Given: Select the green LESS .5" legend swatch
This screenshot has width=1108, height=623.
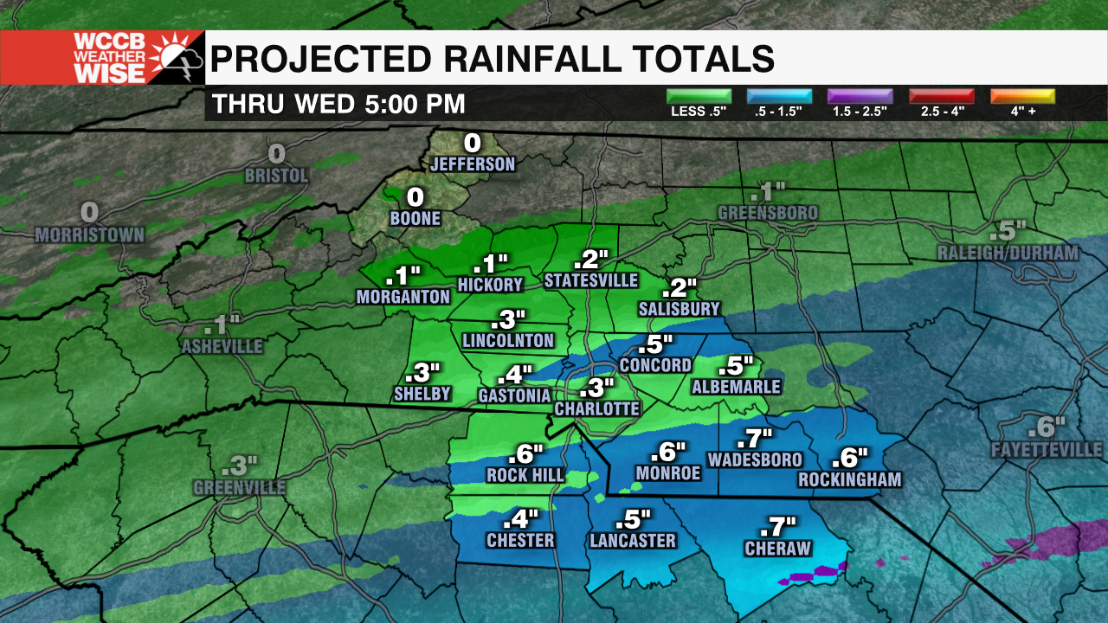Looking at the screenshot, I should [699, 96].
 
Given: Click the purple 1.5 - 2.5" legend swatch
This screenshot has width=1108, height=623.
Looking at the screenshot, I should [860, 96].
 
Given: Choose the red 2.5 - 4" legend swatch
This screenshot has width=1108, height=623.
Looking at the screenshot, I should [942, 96].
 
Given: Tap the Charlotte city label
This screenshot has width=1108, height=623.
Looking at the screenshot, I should [597, 408].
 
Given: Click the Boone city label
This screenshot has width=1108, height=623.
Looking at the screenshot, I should [415, 219].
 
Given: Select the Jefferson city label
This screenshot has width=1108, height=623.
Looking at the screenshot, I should [473, 164].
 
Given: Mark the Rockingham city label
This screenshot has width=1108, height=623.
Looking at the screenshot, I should [850, 479].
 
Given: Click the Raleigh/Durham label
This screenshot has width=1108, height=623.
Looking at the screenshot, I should [1008, 254].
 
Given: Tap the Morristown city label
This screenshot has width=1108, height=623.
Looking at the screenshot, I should [90, 234].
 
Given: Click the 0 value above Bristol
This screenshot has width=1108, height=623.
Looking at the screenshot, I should [276, 154].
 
